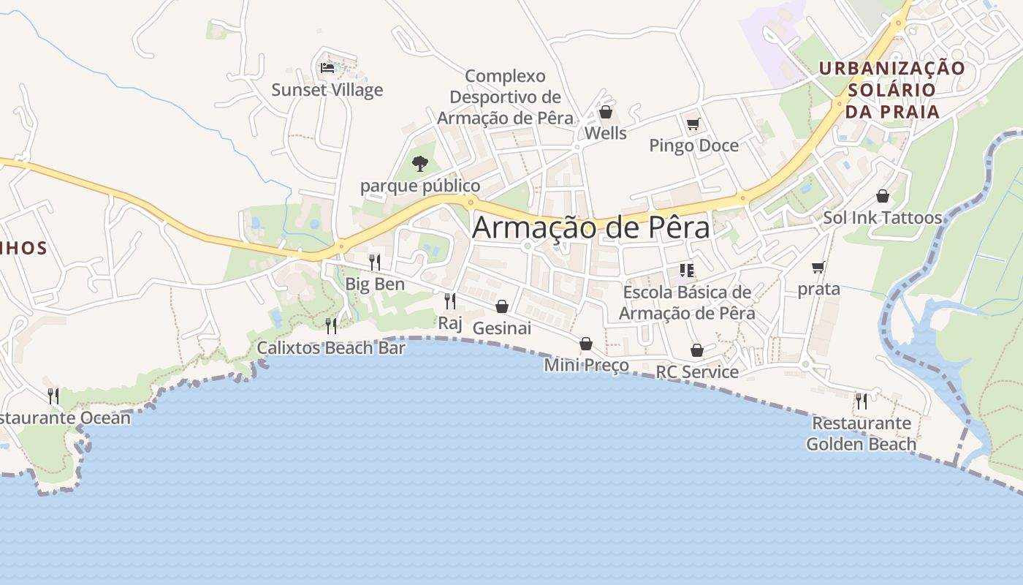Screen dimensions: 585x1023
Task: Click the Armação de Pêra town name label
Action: pyautogui.click(x=590, y=227)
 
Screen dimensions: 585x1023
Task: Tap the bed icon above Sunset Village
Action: pyautogui.click(x=327, y=68)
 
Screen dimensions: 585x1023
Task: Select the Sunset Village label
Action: pyautogui.click(x=327, y=90)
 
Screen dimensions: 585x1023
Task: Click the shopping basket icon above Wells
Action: pyautogui.click(x=605, y=112)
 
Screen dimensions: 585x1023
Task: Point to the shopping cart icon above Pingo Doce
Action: pyautogui.click(x=693, y=124)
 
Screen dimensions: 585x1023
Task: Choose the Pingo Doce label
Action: pyautogui.click(x=693, y=146)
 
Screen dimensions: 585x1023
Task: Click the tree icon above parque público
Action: pyautogui.click(x=419, y=163)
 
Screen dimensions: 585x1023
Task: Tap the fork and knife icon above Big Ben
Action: pyautogui.click(x=375, y=262)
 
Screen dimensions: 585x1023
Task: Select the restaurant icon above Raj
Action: pyautogui.click(x=450, y=301)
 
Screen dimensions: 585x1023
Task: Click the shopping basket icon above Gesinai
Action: pyautogui.click(x=502, y=306)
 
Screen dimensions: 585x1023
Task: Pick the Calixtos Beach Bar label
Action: pyautogui.click(x=331, y=347)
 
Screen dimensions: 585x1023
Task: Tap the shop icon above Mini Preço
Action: pyautogui.click(x=586, y=344)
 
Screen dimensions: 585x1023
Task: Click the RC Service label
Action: pyautogui.click(x=697, y=371)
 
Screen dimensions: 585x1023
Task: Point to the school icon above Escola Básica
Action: pyautogui.click(x=686, y=271)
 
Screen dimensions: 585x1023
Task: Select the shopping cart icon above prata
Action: pyautogui.click(x=818, y=267)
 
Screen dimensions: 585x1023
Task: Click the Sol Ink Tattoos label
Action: pyautogui.click(x=882, y=218)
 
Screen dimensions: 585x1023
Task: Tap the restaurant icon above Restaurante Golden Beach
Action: pyautogui.click(x=862, y=401)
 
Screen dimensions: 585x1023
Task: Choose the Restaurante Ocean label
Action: pyautogui.click(x=64, y=418)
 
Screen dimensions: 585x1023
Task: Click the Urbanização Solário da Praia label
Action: pyautogui.click(x=891, y=90)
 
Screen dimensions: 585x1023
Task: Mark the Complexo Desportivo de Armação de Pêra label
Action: pyautogui.click(x=506, y=97)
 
